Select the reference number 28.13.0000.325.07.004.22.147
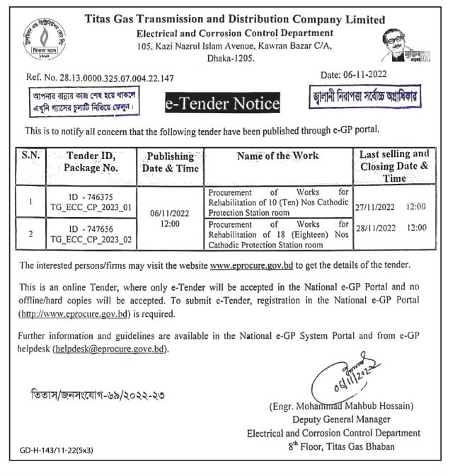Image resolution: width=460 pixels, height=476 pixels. (120, 79)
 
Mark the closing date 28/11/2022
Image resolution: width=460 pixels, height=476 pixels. (377, 228)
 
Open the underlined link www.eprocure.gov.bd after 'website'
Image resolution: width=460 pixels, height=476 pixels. (252, 265)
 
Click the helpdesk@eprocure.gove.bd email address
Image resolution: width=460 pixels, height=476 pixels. (113, 349)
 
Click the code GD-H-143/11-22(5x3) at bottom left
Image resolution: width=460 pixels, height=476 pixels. (57, 449)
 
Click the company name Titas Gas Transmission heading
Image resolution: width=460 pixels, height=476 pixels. (234, 20)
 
